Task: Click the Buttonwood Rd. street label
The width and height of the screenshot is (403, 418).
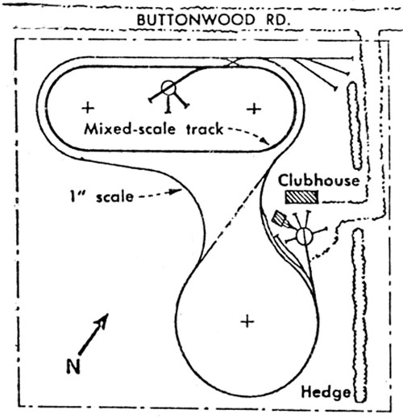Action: click(x=214, y=20)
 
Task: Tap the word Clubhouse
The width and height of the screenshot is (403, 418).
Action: click(x=319, y=180)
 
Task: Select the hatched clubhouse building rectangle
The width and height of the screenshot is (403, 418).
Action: click(x=301, y=197)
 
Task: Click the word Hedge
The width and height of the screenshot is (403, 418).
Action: click(x=326, y=392)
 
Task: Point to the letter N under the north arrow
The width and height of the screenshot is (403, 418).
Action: click(x=73, y=366)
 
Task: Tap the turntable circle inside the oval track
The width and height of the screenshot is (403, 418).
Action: click(x=168, y=88)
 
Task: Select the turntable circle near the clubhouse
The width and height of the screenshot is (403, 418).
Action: click(x=305, y=236)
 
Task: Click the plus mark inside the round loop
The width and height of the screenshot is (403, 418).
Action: click(x=247, y=321)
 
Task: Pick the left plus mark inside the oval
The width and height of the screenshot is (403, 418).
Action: click(x=88, y=108)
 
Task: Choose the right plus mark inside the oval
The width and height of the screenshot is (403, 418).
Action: click(x=254, y=109)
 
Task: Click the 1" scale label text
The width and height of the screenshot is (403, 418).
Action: click(x=102, y=197)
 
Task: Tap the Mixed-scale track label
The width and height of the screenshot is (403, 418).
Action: click(x=154, y=129)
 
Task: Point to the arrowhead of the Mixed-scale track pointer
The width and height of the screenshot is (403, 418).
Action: click(x=266, y=141)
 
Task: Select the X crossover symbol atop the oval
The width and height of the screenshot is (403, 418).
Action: click(x=233, y=62)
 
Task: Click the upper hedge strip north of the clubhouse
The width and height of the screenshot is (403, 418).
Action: click(x=355, y=126)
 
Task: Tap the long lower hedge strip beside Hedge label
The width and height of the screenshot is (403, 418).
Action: click(x=359, y=316)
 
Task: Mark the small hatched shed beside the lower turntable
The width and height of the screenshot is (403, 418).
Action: click(x=280, y=219)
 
